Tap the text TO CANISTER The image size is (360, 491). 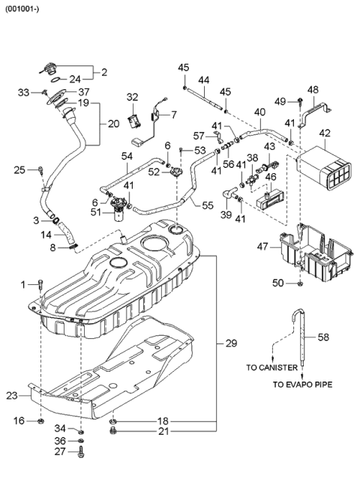(x=271, y=368)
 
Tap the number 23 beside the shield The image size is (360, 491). (x=13, y=395)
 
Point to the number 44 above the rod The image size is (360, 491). (x=203, y=80)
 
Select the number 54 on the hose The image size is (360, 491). (x=127, y=155)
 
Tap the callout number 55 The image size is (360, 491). (x=208, y=204)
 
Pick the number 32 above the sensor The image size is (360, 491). (x=132, y=97)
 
